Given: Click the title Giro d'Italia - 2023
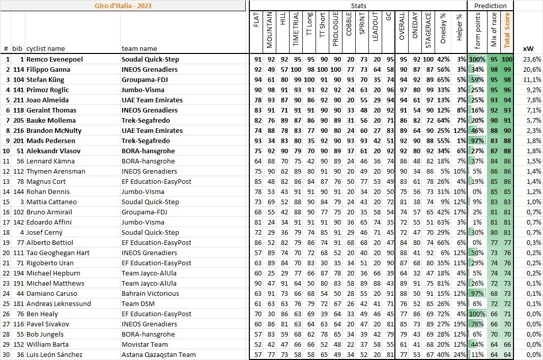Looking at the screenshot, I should pyautogui.click(x=123, y=6).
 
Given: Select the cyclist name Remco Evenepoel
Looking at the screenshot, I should pyautogui.click(x=54, y=59).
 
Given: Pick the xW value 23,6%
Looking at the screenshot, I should pyautogui.click(x=533, y=59).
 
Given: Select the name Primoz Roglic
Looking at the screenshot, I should pyautogui.click(x=49, y=90).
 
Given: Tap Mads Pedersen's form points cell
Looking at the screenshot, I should pyautogui.click(x=478, y=141).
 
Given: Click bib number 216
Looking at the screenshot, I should pyautogui.click(x=18, y=130).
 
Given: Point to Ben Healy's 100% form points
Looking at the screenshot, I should pyautogui.click(x=478, y=314).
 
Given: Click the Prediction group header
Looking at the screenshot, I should pyautogui.click(x=490, y=6).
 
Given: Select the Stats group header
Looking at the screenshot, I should pyautogui.click(x=358, y=6).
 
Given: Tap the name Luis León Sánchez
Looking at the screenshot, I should pyautogui.click(x=54, y=354).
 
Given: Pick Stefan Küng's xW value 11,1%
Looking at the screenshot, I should pyautogui.click(x=533, y=79).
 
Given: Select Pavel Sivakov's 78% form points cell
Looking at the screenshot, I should pyautogui.click(x=478, y=324).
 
